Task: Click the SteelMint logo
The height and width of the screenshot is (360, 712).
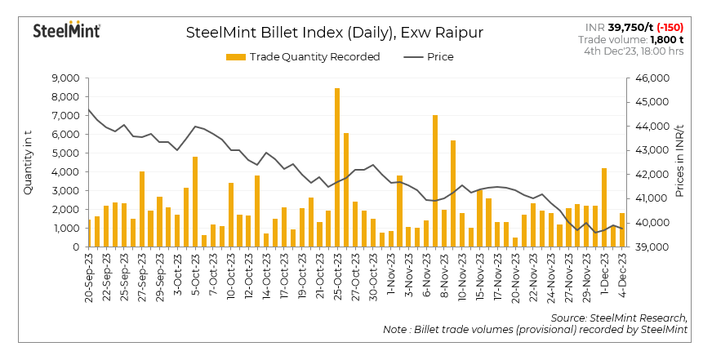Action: tap(66, 30)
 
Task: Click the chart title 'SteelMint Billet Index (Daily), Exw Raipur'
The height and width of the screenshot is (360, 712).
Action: tap(335, 33)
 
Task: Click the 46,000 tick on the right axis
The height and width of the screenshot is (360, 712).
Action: tap(651, 78)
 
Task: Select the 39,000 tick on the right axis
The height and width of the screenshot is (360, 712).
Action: tap(651, 247)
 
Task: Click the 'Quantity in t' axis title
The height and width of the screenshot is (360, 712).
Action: tap(29, 163)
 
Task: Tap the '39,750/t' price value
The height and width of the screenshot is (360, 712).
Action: tap(626, 27)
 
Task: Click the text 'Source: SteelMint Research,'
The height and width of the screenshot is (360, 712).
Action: tap(619, 317)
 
